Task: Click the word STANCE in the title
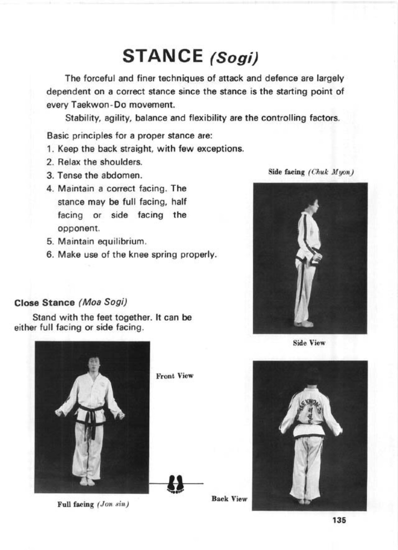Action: [162, 56]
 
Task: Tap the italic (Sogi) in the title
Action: [233, 58]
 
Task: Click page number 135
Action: [339, 521]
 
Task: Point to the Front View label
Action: [175, 376]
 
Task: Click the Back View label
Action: [229, 499]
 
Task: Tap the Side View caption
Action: [309, 343]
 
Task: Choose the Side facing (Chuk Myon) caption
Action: [311, 172]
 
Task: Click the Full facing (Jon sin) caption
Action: [93, 505]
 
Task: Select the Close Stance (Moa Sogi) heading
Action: [71, 303]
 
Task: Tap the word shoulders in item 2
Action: [121, 162]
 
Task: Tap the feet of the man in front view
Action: [87, 481]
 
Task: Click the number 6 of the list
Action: [49, 255]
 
